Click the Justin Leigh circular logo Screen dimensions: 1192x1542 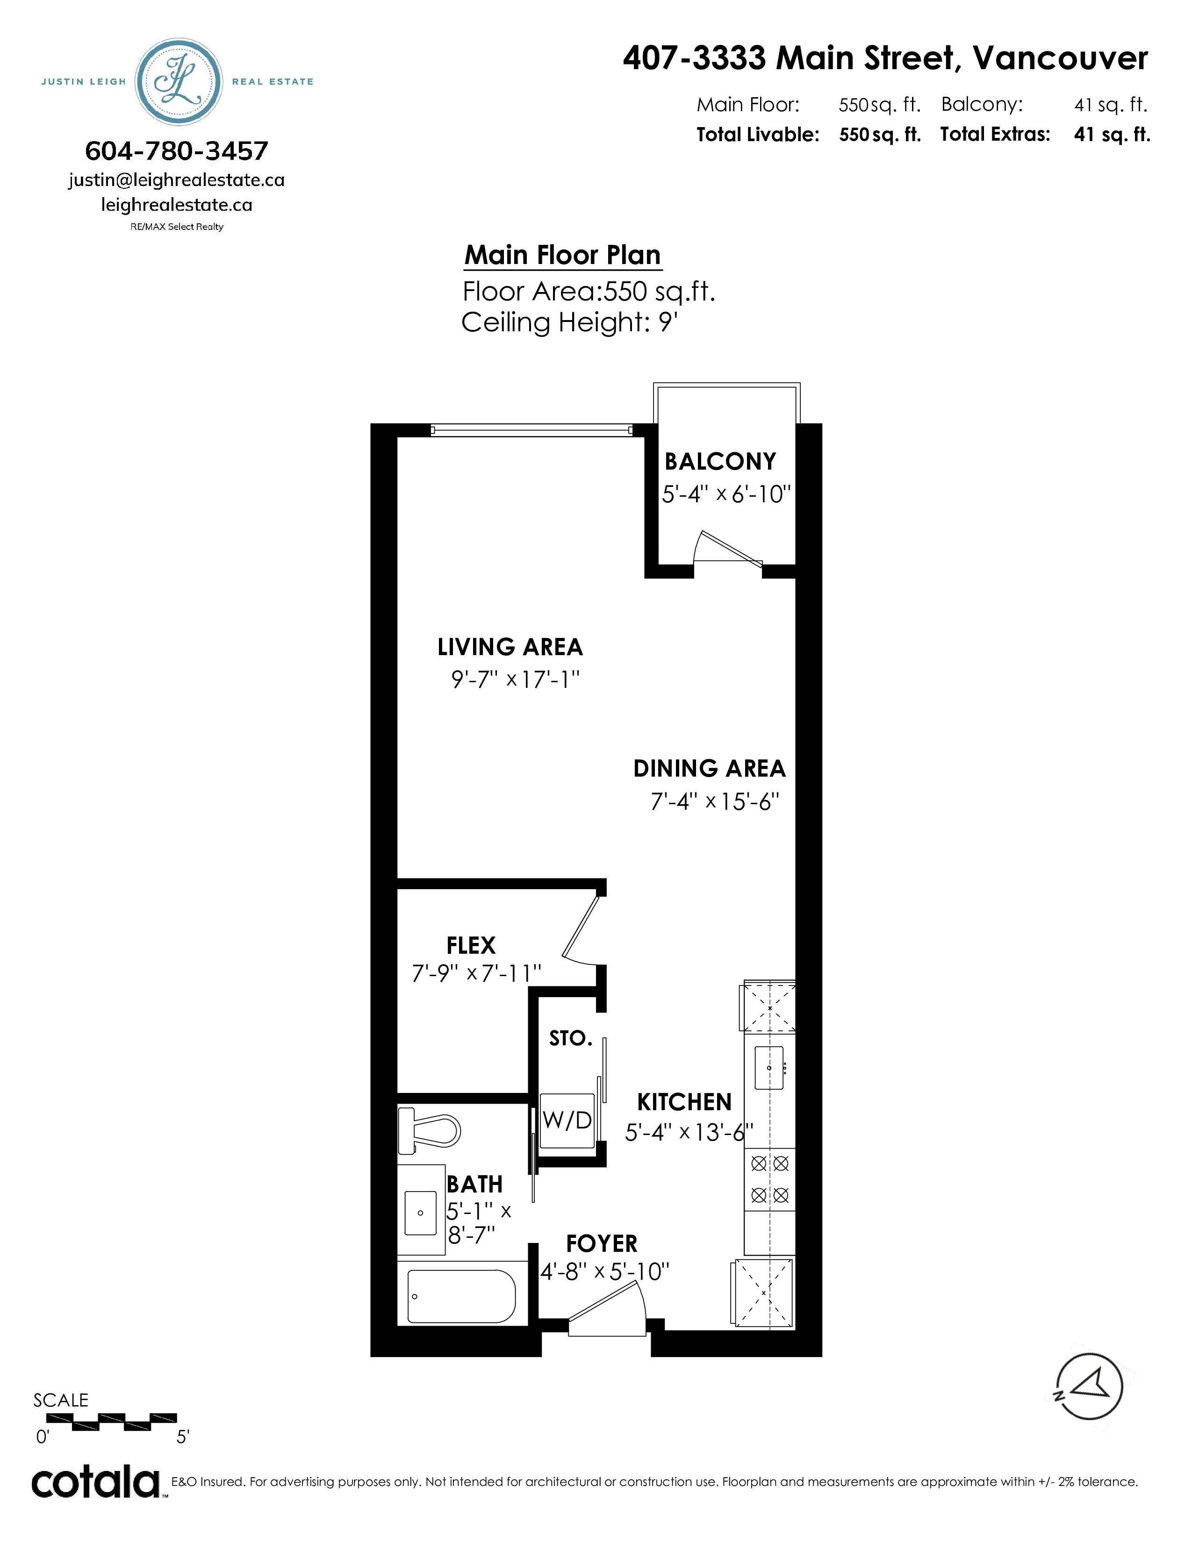tap(179, 82)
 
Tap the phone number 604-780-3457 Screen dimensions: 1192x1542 tap(177, 150)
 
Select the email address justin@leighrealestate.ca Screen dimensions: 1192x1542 tap(177, 180)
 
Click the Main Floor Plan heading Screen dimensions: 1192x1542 tap(563, 255)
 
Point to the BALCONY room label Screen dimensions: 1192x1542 tap(720, 461)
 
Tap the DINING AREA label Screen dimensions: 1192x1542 tap(709, 768)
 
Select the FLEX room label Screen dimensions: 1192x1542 tap(471, 945)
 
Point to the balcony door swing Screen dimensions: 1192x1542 tap(727, 548)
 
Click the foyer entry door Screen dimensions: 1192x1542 tap(607, 1310)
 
